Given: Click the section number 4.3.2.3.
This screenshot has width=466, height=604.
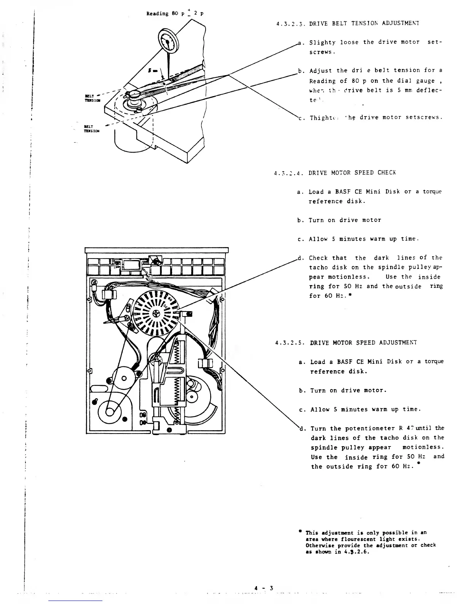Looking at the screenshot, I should [x=289, y=23].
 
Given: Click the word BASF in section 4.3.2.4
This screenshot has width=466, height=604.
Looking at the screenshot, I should [x=334, y=192].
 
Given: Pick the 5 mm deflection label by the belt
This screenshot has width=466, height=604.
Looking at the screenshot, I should [x=153, y=71].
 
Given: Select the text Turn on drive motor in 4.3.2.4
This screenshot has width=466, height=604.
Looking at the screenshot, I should [x=345, y=220].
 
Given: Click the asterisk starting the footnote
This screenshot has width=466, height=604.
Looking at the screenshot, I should [x=300, y=532].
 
